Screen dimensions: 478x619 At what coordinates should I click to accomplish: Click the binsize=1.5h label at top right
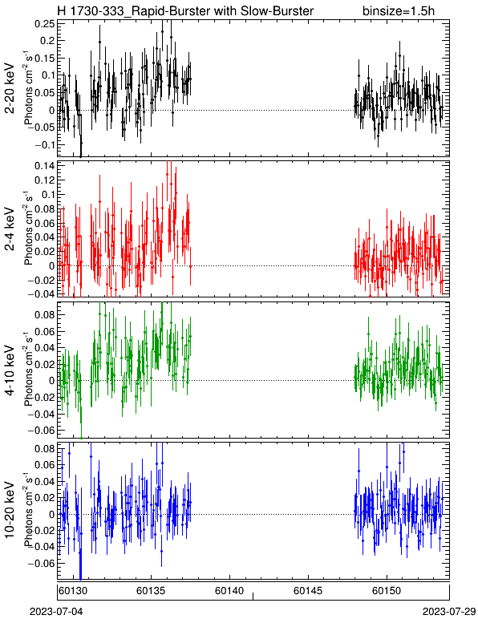[x=399, y=10]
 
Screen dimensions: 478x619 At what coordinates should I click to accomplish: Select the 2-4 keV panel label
[x=10, y=229]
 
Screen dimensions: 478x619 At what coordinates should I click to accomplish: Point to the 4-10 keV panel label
[x=10, y=370]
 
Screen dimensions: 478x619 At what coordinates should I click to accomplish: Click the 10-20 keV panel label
[x=10, y=509]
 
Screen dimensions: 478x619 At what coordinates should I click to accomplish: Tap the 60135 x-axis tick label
[x=151, y=591]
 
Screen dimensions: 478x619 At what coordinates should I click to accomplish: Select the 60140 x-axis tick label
[x=229, y=591]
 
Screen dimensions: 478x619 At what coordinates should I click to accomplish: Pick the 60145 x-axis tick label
[x=308, y=591]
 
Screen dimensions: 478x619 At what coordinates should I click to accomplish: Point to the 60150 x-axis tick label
[x=387, y=591]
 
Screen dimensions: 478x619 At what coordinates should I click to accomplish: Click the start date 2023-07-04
[x=56, y=612]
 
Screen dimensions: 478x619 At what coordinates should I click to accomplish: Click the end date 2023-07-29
[x=449, y=612]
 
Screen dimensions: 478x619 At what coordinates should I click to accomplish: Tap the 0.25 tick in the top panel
[x=45, y=24]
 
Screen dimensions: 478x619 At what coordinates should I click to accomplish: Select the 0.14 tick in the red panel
[x=45, y=165]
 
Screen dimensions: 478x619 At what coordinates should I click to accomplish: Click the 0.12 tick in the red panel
[x=45, y=180]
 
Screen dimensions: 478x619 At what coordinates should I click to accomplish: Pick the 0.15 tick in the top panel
[x=45, y=59]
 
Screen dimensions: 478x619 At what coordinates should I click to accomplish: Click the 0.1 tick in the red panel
[x=47, y=194]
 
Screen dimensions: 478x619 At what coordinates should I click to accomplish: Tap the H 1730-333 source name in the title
[x=92, y=10]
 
